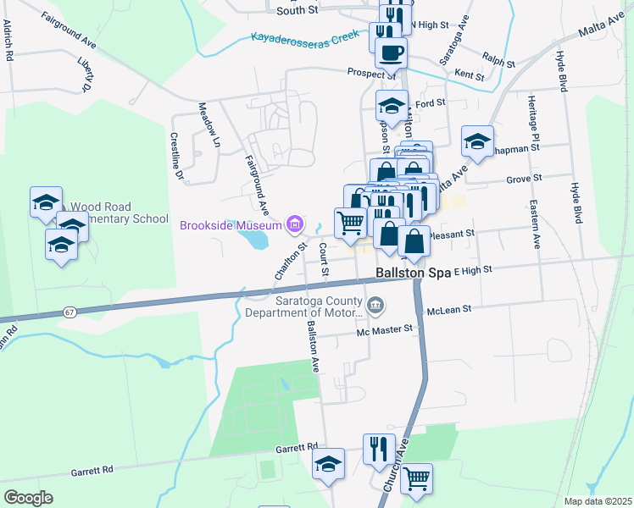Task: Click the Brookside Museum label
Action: [231, 225]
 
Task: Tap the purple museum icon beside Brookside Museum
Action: [295, 224]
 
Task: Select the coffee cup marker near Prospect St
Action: [391, 52]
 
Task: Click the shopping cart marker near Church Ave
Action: [416, 478]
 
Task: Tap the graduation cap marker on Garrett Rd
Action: [329, 464]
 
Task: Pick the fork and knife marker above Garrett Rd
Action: [379, 448]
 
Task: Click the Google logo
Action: [29, 498]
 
